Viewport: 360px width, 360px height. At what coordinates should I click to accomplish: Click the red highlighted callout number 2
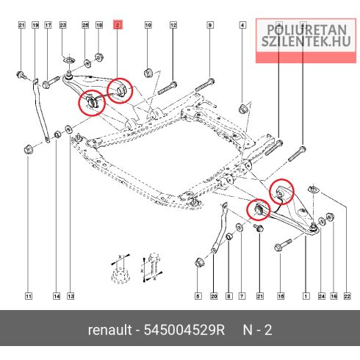point(118,25)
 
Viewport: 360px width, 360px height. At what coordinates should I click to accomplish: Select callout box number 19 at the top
point(35,25)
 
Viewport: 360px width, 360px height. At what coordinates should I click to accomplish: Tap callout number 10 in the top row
point(148,25)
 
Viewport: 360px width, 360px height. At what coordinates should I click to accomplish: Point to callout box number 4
point(242,25)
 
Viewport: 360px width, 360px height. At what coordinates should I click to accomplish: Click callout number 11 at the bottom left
point(29,296)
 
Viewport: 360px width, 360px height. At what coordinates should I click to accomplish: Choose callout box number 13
point(71,296)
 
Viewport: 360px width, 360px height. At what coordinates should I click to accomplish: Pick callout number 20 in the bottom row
point(214,296)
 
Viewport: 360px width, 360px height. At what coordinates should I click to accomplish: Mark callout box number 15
point(281,296)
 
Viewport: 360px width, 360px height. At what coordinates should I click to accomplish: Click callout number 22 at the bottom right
point(348,296)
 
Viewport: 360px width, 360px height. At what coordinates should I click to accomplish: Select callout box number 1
point(306,296)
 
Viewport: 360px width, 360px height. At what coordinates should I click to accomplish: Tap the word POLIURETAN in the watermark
point(306,30)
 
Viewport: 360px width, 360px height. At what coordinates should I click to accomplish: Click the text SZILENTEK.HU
point(306,41)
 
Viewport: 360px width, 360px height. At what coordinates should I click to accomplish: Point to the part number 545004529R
point(184,330)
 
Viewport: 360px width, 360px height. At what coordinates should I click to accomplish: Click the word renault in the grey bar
point(110,330)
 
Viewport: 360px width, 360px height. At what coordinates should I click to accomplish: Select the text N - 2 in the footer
point(257,330)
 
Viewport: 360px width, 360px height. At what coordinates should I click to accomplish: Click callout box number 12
point(173,25)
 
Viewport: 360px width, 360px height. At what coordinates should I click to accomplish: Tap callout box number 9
point(210,25)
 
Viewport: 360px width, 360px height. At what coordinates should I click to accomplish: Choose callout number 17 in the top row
point(48,25)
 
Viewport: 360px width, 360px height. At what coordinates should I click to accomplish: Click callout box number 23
point(62,25)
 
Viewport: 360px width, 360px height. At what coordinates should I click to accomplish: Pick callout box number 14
point(57,296)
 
